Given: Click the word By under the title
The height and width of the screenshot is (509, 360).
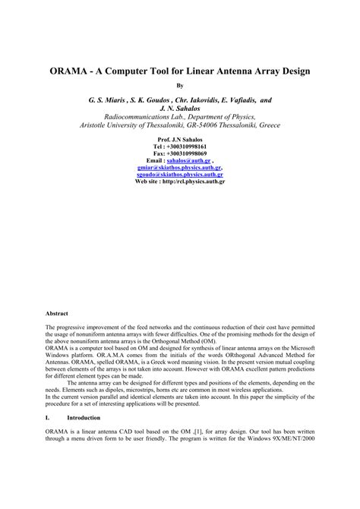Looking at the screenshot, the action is tap(180, 85).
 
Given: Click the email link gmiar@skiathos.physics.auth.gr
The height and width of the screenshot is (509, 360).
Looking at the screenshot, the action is tap(179, 168).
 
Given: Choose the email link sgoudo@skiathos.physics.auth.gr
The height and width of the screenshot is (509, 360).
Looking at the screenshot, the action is tap(180, 174).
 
